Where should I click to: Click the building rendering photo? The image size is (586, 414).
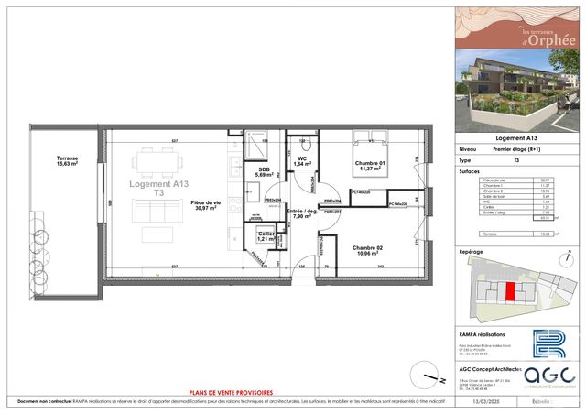pos(517,96)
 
